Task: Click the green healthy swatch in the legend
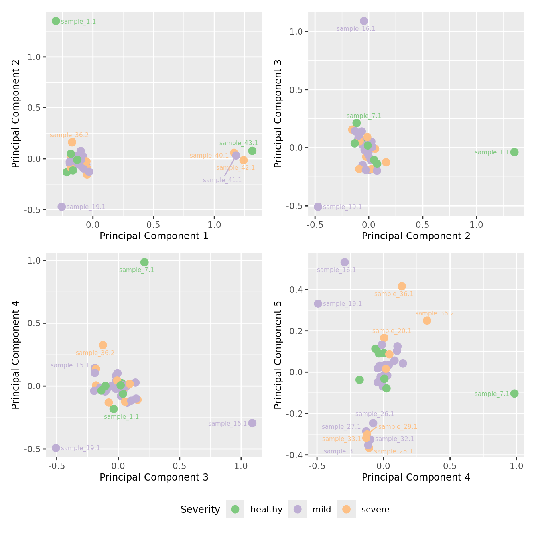pos(235,509)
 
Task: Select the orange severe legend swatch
pos(346,509)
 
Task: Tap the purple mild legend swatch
pos(298,509)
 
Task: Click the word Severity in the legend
pos(200,510)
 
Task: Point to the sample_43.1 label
pos(238,143)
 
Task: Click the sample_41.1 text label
pos(222,180)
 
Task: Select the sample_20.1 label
pos(392,331)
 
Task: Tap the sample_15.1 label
pos(70,365)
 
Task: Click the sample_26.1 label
pos(374,414)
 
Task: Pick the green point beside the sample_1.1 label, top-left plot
pos(56,21)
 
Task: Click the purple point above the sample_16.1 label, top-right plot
pos(364,21)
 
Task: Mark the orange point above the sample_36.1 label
pos(402,286)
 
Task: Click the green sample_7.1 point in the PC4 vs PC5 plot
pos(514,394)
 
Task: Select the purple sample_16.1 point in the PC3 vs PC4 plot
pos(252,423)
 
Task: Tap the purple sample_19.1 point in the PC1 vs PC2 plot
pos(61,207)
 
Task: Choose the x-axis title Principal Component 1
pos(154,236)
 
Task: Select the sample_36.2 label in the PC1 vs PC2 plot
pos(69,135)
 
